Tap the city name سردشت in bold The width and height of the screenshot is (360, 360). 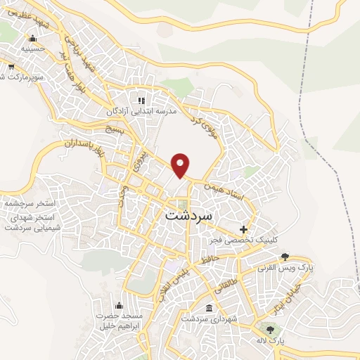click(188, 216)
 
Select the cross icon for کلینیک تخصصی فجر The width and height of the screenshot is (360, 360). click(244, 229)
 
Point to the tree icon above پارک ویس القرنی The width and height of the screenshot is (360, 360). click(284, 257)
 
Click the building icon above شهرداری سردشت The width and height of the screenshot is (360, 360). click(209, 308)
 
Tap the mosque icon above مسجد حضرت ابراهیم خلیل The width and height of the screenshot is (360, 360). click(118, 304)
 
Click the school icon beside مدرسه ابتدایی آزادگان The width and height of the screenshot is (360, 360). click(141, 101)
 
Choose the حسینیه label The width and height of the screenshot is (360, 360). click(32, 50)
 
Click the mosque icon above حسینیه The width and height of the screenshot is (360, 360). click(32, 39)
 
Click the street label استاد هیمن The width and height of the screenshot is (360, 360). click(224, 191)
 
